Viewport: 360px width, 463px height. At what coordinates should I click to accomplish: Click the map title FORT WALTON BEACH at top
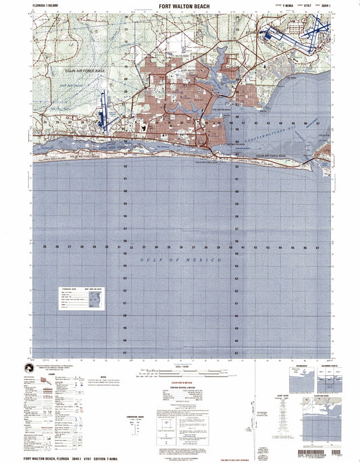click(x=179, y=5)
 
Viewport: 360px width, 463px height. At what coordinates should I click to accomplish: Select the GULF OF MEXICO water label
click(x=182, y=260)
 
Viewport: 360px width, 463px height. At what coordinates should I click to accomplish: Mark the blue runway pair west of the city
click(x=104, y=112)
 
